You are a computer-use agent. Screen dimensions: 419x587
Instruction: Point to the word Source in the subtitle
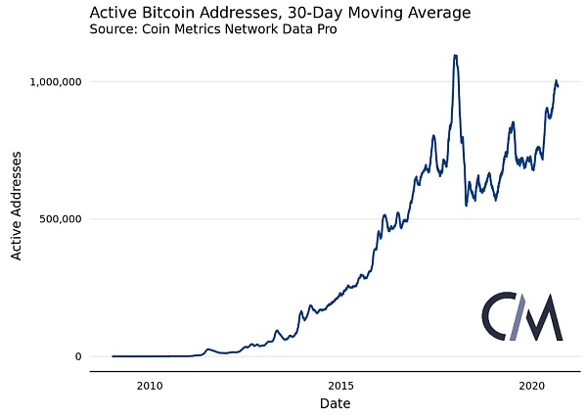click(113, 30)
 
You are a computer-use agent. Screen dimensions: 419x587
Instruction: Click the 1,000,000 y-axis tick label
click(52, 81)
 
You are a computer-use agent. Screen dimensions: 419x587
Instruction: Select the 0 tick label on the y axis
click(77, 356)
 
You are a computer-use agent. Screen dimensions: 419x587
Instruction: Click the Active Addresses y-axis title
click(17, 211)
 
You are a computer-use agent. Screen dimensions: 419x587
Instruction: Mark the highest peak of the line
click(456, 56)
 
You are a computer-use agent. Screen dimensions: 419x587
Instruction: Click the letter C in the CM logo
click(498, 316)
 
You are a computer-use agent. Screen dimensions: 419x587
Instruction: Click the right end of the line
click(558, 87)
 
